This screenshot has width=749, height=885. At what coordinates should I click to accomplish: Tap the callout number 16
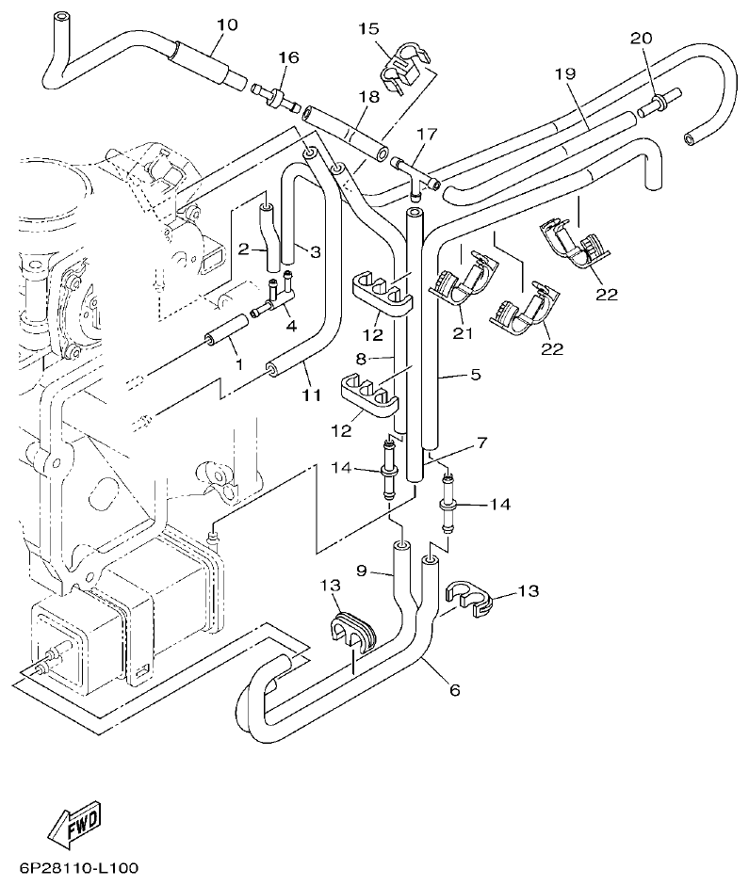point(287,58)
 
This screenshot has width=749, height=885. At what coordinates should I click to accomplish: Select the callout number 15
point(368,28)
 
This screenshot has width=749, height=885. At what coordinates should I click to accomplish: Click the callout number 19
point(564,73)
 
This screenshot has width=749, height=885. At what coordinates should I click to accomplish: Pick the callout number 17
point(428,135)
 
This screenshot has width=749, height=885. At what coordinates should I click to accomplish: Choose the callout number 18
point(368,96)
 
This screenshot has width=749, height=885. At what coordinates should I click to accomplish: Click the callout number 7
point(481,442)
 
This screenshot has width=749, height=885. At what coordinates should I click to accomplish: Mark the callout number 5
point(475,375)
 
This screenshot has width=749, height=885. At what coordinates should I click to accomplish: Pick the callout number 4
point(291,327)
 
